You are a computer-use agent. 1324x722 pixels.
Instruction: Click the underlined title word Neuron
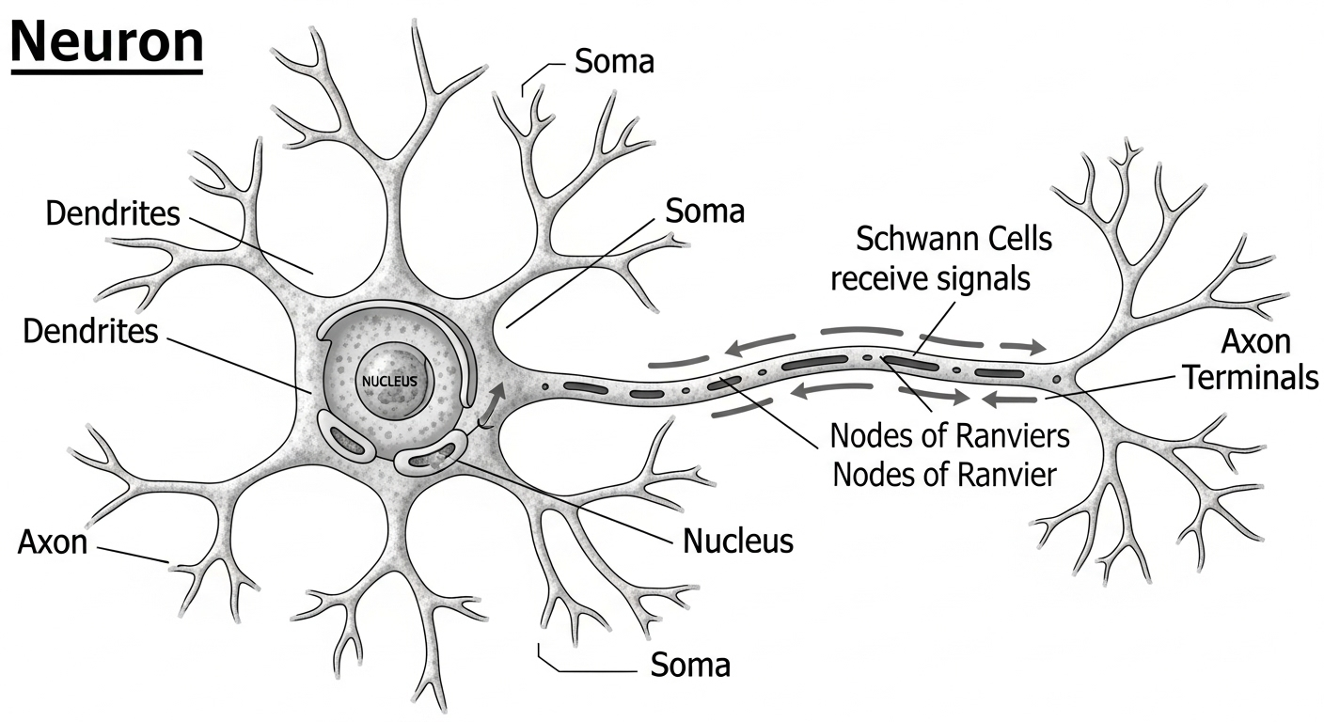106,41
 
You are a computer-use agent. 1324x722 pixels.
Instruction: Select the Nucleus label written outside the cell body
738,541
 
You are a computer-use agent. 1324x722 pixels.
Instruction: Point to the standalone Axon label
52,542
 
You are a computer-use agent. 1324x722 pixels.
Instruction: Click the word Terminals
1250,378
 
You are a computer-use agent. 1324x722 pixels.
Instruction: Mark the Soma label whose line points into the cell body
704,211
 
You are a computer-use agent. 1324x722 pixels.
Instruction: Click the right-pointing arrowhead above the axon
1034,347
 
